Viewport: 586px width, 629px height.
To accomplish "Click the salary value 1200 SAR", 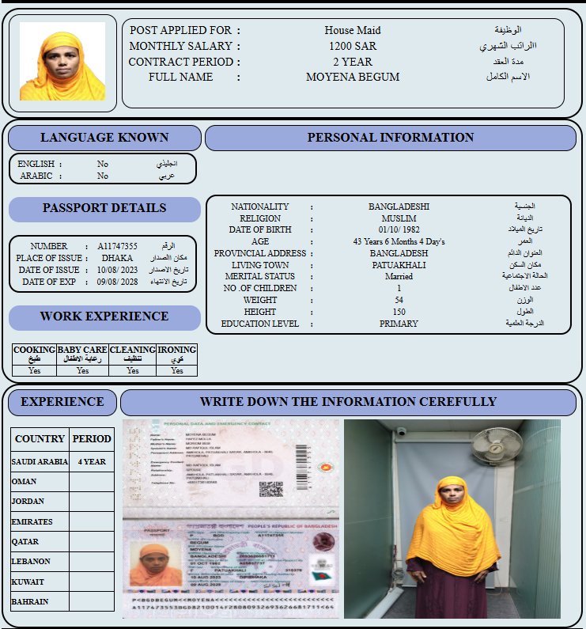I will pyautogui.click(x=353, y=46).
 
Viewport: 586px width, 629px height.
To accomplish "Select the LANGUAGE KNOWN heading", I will pyautogui.click(x=104, y=138).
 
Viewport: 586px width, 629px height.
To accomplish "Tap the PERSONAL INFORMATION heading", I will pyautogui.click(x=391, y=138).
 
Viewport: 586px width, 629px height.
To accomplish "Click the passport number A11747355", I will pyautogui.click(x=118, y=246).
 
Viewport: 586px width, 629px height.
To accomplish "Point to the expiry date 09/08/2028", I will pyautogui.click(x=118, y=282).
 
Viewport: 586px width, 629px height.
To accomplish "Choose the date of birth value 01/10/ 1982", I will pyautogui.click(x=399, y=229).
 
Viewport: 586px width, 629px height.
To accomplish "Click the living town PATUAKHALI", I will pyautogui.click(x=399, y=265).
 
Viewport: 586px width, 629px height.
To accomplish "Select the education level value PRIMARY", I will pyautogui.click(x=399, y=324).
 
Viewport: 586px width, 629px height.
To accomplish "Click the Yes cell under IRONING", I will pyautogui.click(x=177, y=370).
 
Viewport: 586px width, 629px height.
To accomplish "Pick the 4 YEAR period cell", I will pyautogui.click(x=92, y=461).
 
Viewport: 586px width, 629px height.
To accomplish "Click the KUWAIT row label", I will pyautogui.click(x=28, y=582).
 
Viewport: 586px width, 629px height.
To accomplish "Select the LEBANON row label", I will pyautogui.click(x=31, y=561).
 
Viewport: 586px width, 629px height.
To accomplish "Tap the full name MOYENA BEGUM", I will pyautogui.click(x=353, y=78).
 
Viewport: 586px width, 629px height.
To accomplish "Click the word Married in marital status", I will pyautogui.click(x=399, y=277).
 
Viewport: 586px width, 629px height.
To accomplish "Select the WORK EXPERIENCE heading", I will pyautogui.click(x=104, y=316).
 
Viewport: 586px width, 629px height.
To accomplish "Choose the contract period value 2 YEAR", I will pyautogui.click(x=353, y=62).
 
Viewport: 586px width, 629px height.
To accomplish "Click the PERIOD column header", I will pyautogui.click(x=92, y=438).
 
